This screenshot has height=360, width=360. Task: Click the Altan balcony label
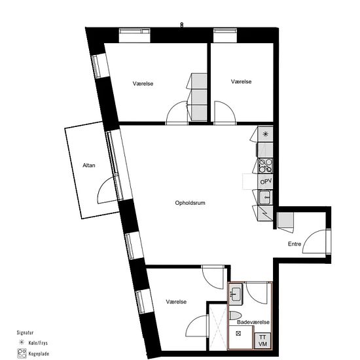click(x=89, y=166)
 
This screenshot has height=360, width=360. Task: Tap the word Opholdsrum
click(x=190, y=203)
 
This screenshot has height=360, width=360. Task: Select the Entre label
click(x=295, y=244)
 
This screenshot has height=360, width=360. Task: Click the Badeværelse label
click(x=253, y=322)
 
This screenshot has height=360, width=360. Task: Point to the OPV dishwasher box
click(x=266, y=181)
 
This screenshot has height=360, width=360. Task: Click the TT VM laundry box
click(x=262, y=340)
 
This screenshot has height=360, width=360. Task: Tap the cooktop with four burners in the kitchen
click(x=266, y=166)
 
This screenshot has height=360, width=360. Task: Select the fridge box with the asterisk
click(x=265, y=134)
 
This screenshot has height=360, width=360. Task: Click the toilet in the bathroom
click(x=235, y=315)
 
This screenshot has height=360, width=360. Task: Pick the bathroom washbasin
click(x=235, y=294)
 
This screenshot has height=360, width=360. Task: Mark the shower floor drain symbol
click(x=238, y=333)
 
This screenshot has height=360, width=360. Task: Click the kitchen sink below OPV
click(x=265, y=197)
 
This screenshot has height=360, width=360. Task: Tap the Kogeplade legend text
click(x=39, y=353)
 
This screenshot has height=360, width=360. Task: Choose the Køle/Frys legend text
click(x=38, y=343)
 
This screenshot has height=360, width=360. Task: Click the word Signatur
click(x=25, y=333)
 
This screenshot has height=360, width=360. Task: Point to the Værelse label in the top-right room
click(x=241, y=82)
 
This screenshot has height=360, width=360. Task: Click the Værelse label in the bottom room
click(x=176, y=302)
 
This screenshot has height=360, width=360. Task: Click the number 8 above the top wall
click(x=181, y=25)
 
